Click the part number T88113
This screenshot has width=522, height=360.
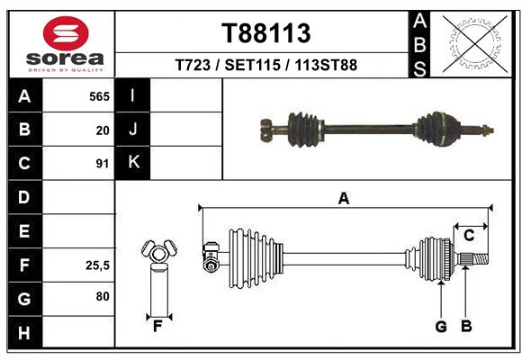point(266,33)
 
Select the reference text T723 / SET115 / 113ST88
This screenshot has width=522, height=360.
point(266,65)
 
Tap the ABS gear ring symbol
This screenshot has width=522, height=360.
point(476,42)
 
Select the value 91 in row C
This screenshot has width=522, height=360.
point(102,164)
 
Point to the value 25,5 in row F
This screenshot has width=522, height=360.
point(96,265)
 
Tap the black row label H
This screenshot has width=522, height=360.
point(24,332)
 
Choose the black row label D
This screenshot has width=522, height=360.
point(24,197)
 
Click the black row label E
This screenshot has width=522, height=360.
point(24,231)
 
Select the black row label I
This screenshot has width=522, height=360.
point(133,96)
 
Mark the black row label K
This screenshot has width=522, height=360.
point(133,163)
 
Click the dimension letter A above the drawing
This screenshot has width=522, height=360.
point(343,198)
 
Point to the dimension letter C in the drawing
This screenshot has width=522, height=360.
point(469,235)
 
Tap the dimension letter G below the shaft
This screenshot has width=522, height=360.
point(441,326)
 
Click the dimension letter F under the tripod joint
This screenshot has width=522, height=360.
point(157,326)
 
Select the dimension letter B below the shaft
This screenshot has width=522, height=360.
point(466,326)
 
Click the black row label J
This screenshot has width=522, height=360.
point(133,130)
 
